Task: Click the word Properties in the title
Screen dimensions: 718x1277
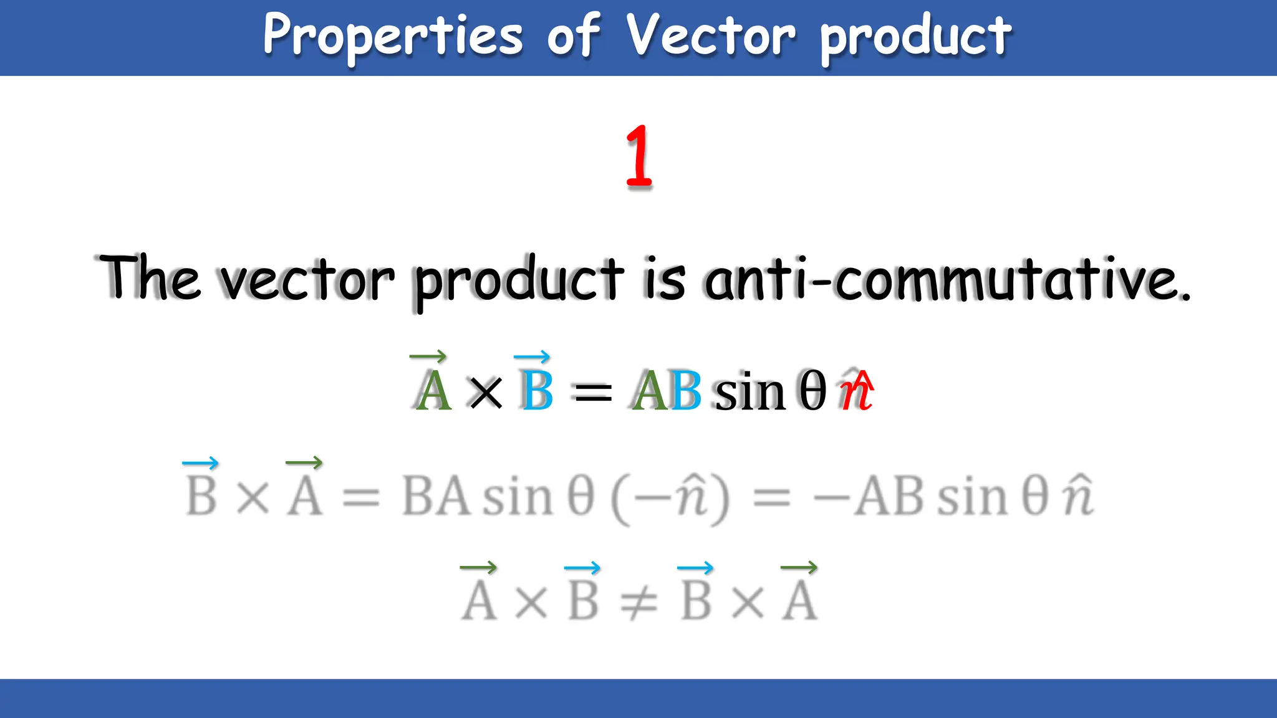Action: coord(393,36)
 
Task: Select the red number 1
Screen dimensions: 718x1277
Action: coord(639,156)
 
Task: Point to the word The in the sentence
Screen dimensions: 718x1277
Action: coord(150,277)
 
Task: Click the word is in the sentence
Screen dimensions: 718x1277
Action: coord(665,279)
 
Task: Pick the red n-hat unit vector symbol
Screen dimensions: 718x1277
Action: coord(857,391)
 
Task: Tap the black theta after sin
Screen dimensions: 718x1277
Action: coord(812,391)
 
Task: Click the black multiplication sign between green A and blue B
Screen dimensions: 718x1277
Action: coord(486,393)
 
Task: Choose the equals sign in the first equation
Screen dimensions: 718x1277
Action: coord(593,393)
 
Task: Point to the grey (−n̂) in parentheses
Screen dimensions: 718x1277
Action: coord(670,498)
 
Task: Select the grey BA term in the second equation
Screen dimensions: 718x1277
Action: coord(435,497)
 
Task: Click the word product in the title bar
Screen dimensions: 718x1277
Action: coord(915,36)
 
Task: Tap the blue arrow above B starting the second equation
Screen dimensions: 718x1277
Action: coord(200,463)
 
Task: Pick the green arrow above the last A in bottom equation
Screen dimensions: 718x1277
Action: coord(799,567)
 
